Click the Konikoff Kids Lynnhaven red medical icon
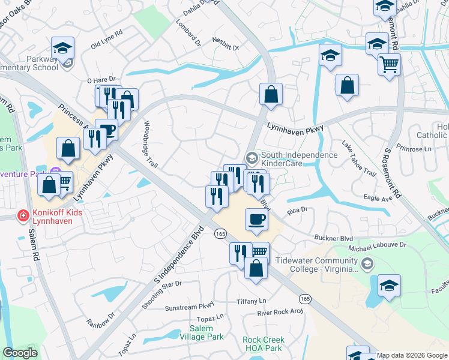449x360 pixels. (x=23, y=215)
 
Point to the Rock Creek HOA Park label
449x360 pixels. (x=263, y=344)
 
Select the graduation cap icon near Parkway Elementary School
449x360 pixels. (x=62, y=47)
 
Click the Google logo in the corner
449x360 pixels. (x=20, y=353)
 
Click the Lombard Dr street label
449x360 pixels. (x=188, y=34)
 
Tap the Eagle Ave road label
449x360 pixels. (x=376, y=196)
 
